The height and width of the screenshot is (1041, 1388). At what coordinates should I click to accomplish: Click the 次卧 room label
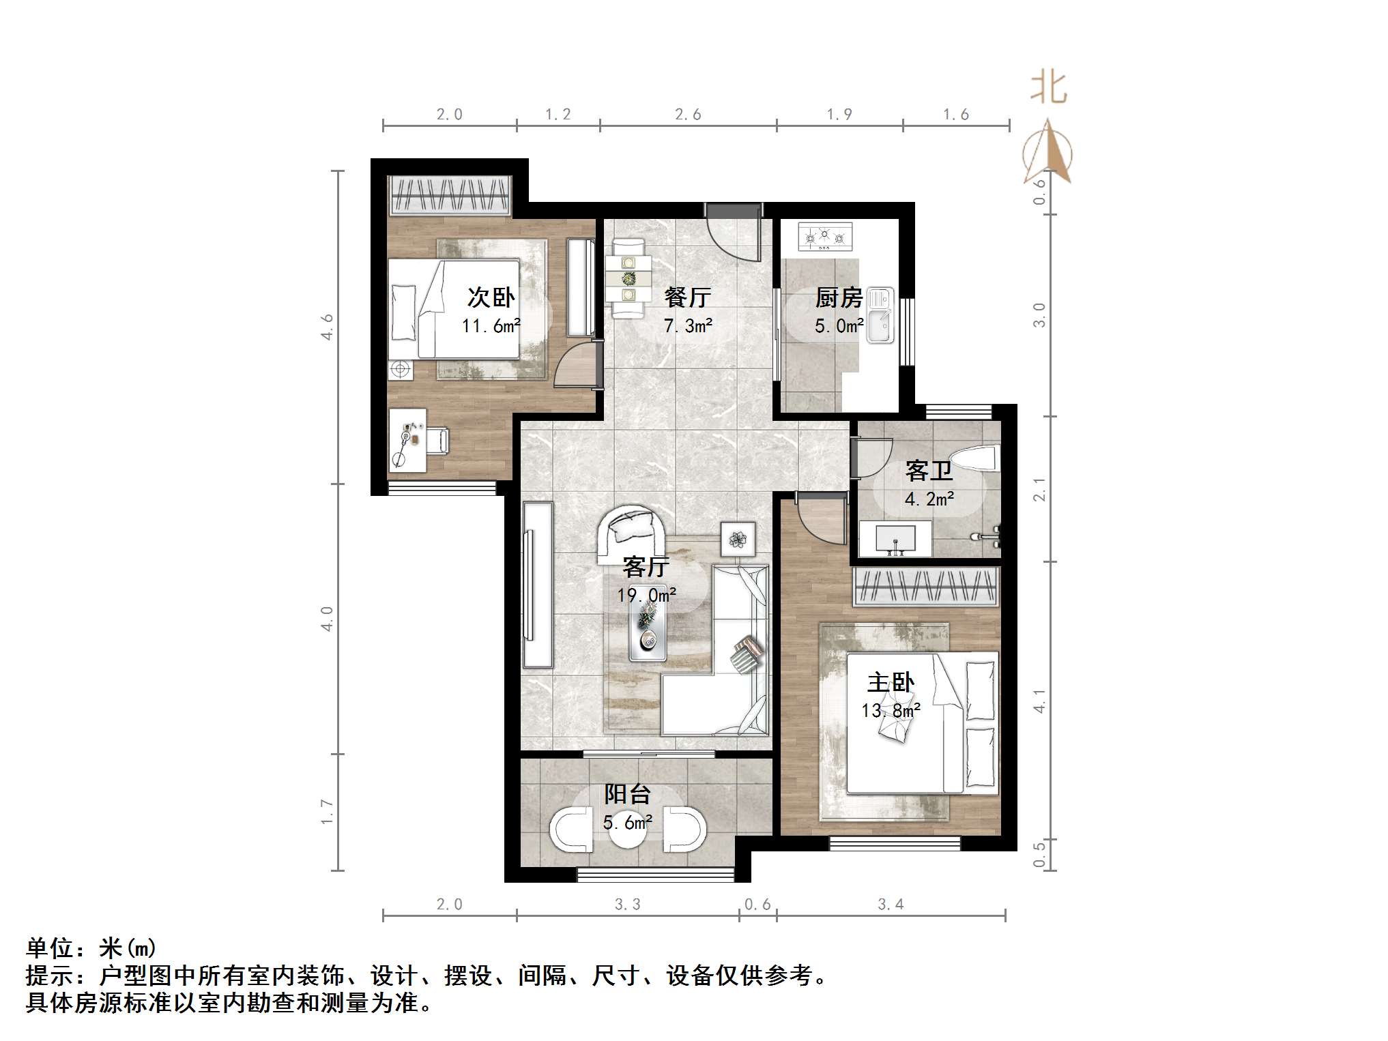(x=491, y=297)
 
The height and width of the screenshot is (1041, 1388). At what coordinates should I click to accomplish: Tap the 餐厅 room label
(x=687, y=297)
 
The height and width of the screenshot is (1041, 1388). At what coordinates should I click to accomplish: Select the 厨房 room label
(x=839, y=297)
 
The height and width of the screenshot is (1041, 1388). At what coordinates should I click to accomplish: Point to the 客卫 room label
(x=929, y=471)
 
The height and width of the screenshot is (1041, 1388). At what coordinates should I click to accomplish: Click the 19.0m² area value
(x=646, y=595)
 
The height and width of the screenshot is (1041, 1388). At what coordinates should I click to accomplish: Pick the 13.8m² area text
(x=891, y=711)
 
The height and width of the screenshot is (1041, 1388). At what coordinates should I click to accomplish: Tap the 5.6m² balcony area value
(x=627, y=823)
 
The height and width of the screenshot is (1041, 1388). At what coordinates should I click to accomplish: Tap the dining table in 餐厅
(x=628, y=278)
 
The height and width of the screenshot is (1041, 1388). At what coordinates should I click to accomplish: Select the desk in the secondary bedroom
(x=407, y=440)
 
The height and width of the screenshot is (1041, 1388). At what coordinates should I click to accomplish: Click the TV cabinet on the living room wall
(x=537, y=585)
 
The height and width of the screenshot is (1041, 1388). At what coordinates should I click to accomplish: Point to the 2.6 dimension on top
(x=688, y=115)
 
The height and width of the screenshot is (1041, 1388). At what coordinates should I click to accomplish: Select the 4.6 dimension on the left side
(x=328, y=327)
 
